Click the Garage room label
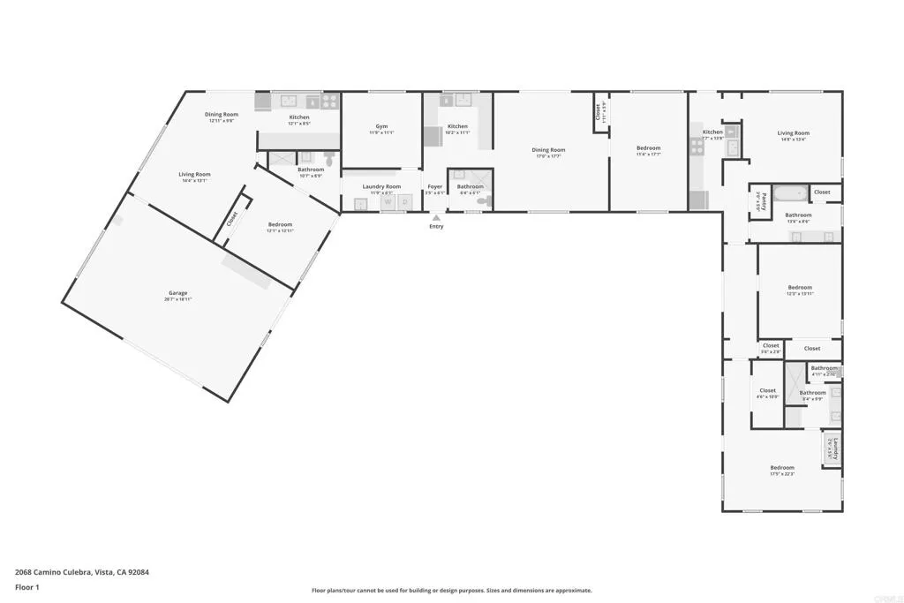[178, 293]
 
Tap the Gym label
[381, 127]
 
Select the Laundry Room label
[381, 186]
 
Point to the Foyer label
[435, 186]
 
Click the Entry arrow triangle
[436, 217]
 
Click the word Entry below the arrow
[436, 227]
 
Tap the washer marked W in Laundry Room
[388, 203]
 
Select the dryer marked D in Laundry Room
[405, 203]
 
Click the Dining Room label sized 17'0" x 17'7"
[548, 150]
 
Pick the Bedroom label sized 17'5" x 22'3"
[781, 468]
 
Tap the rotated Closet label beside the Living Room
[232, 218]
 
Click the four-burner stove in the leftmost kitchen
[329, 102]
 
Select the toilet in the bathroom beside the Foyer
[482, 201]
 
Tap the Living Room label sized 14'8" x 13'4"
[793, 133]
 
